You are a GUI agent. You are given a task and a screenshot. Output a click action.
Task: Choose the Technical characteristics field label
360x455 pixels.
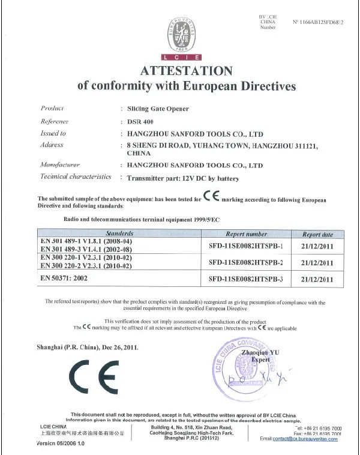pos(76,177)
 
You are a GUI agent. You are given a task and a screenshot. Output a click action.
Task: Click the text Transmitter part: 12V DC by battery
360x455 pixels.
pos(180,178)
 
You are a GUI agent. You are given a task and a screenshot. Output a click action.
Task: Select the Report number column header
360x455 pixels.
pos(246,234)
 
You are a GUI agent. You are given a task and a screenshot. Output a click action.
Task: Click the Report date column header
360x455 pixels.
pos(317,234)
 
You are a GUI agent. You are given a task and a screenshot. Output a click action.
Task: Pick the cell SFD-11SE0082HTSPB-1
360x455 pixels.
pos(246,246)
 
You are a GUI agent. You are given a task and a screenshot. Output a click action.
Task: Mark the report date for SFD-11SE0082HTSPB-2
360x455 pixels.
pos(317,262)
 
